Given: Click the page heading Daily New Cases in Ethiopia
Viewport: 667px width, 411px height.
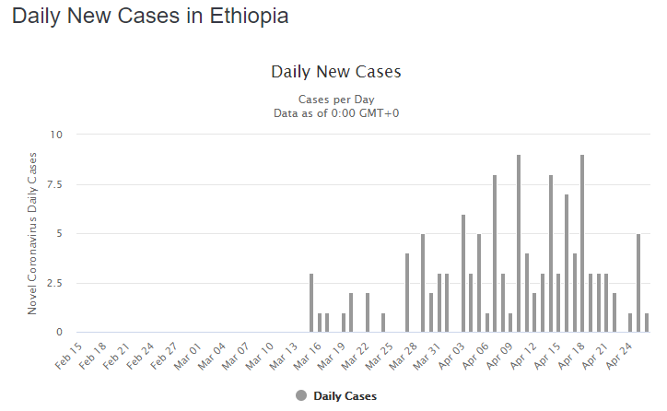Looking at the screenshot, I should [150, 16].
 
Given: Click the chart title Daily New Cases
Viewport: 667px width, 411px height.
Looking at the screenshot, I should [335, 72].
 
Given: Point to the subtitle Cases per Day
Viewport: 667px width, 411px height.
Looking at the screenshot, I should [335, 99].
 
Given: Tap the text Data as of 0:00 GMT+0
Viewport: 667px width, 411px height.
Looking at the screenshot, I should [335, 112].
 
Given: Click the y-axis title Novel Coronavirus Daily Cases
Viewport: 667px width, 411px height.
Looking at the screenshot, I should [33, 233].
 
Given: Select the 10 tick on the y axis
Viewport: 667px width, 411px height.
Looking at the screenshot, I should [56, 135].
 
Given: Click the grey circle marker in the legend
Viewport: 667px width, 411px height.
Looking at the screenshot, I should [301, 395].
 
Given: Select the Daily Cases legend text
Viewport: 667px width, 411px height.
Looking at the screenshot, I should [345, 396].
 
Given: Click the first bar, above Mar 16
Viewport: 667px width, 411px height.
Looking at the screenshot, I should [311, 302].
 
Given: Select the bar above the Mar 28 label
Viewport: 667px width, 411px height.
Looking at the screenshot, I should [407, 293].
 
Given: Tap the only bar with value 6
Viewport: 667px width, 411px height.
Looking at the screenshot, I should [463, 273].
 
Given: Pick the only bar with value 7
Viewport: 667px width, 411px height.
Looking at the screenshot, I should [567, 263].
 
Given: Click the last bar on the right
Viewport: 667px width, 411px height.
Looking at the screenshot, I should [647, 323].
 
